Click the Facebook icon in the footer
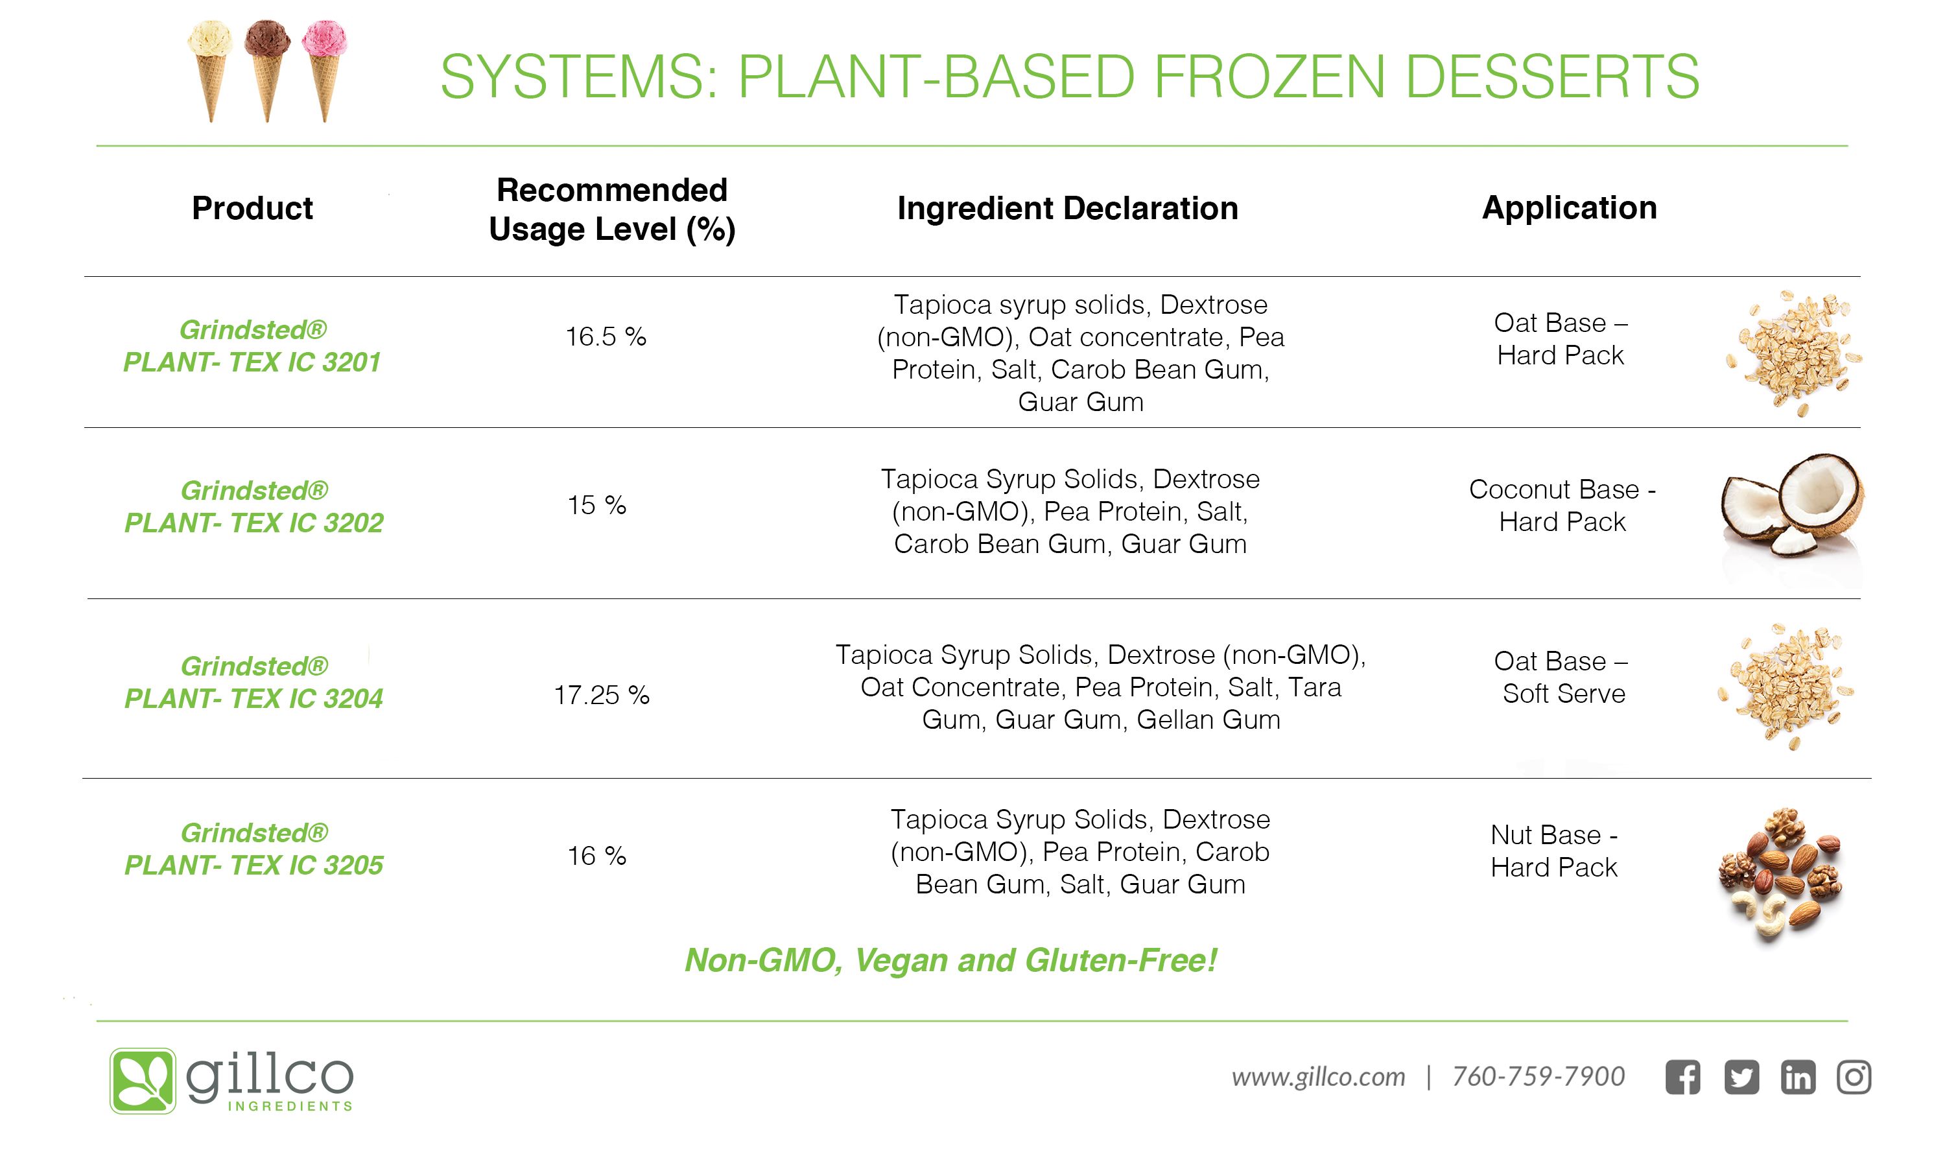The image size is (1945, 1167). (1682, 1077)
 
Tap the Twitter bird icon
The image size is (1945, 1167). (1741, 1077)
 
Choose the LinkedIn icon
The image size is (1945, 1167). (1797, 1077)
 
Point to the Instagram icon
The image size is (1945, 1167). (1853, 1077)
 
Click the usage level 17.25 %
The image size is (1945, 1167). (602, 694)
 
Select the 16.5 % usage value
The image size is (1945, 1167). (606, 336)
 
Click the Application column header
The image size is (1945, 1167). (1569, 207)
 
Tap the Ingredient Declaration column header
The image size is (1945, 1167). (1068, 208)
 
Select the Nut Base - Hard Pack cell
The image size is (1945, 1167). (1553, 851)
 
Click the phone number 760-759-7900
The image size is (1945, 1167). (1538, 1076)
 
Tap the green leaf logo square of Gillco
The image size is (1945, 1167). (142, 1081)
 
